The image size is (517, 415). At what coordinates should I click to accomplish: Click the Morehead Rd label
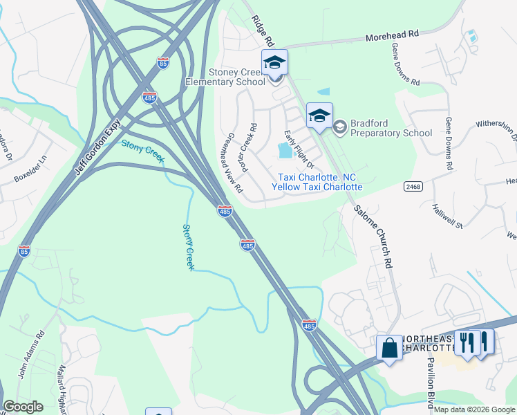click(x=392, y=34)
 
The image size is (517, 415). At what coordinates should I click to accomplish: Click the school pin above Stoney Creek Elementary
click(x=274, y=63)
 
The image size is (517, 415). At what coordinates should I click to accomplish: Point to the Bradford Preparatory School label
click(x=391, y=128)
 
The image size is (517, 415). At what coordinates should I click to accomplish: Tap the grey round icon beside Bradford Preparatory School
click(x=339, y=127)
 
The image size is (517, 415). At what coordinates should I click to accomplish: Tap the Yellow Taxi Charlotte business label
click(x=317, y=187)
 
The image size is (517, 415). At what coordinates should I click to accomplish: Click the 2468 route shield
click(x=413, y=187)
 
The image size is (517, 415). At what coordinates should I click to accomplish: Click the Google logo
click(x=23, y=407)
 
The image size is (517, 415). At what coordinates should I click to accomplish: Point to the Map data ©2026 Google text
click(x=473, y=409)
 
